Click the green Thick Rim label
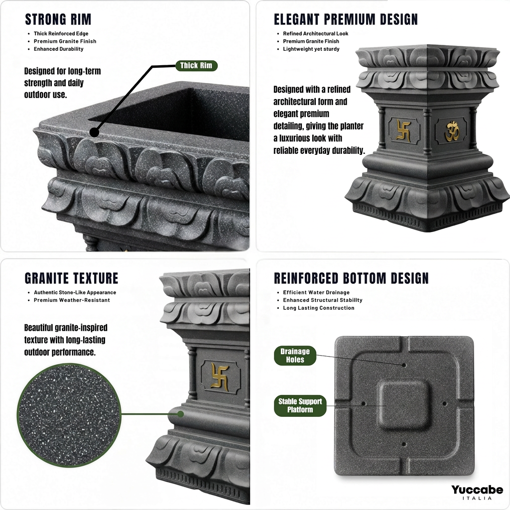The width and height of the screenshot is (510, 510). click(196, 65)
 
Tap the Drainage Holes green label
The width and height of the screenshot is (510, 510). click(295, 356)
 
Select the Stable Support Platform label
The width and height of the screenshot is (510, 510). click(300, 405)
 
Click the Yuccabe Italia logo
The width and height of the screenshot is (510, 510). click(477, 492)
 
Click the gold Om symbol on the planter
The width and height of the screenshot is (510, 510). click(452, 131)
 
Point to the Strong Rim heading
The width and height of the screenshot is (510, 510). click(58, 19)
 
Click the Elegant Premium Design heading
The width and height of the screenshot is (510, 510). click(346, 19)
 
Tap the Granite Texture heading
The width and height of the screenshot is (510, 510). click(72, 278)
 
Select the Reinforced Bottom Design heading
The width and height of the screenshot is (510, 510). click(351, 278)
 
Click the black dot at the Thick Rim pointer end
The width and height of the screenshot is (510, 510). click(94, 132)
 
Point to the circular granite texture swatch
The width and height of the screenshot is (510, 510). click(69, 415)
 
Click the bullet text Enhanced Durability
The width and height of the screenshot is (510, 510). click(59, 49)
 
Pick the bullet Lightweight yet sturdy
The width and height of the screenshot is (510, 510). click(311, 49)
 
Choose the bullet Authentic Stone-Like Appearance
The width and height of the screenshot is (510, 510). click(75, 292)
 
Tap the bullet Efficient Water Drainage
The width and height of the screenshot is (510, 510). click(316, 292)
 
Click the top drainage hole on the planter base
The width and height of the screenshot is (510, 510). click(404, 365)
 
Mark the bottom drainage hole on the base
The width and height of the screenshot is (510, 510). click(404, 444)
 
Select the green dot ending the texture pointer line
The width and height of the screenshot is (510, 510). click(180, 414)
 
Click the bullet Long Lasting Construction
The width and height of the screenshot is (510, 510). click(318, 308)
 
